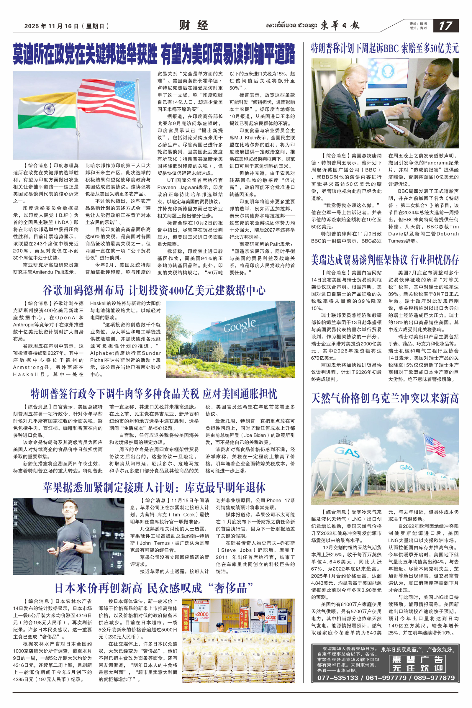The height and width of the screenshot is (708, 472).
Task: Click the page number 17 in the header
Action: tap(445, 26)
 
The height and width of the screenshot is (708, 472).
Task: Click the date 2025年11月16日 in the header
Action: tap(51, 26)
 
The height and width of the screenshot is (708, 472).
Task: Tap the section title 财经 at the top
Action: tap(193, 25)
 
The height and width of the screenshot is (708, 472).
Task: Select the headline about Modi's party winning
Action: tap(154, 54)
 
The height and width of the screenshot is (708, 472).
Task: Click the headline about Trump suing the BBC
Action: tap(385, 48)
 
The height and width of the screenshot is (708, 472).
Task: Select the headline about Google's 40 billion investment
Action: tap(154, 291)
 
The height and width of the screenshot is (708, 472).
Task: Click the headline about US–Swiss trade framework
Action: tap(385, 260)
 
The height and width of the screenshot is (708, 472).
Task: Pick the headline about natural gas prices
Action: tap(385, 398)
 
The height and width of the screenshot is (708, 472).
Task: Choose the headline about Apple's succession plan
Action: tap(154, 487)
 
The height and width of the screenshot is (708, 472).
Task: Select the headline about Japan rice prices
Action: tap(154, 588)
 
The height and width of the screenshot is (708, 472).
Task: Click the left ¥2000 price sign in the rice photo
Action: tap(201, 614)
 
